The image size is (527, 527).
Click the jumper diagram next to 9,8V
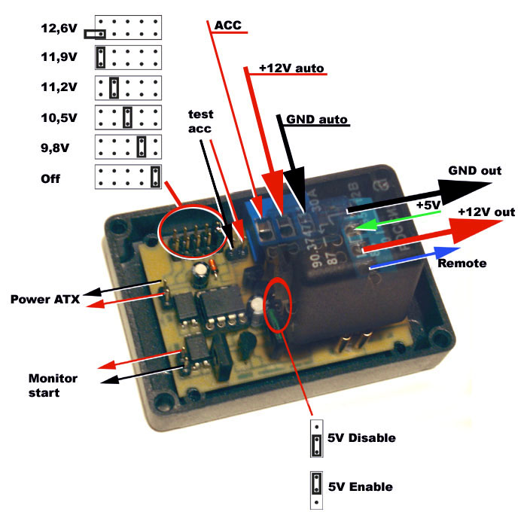(x=128, y=145)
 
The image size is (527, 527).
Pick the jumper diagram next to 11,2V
(x=128, y=87)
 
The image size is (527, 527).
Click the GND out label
(x=474, y=171)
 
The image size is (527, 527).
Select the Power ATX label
(x=45, y=300)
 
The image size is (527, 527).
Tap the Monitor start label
(x=53, y=385)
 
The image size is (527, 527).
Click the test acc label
(x=201, y=120)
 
